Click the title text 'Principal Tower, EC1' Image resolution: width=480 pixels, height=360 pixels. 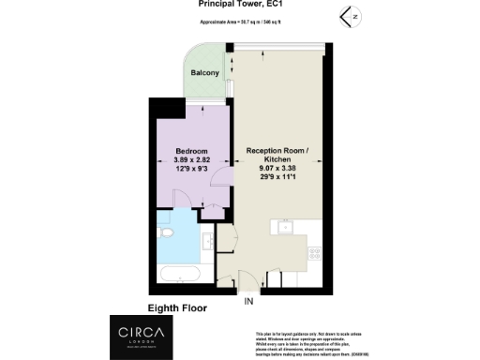pyautogui.click(x=239, y=4)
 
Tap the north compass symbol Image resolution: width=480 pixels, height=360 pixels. pyautogui.click(x=349, y=15)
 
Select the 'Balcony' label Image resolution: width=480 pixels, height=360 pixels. pyautogui.click(x=205, y=73)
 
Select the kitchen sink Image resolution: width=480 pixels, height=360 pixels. pyautogui.click(x=285, y=227)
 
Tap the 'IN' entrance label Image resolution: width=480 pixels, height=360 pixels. pyautogui.click(x=249, y=302)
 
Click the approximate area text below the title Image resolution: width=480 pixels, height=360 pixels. pyautogui.click(x=239, y=20)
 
